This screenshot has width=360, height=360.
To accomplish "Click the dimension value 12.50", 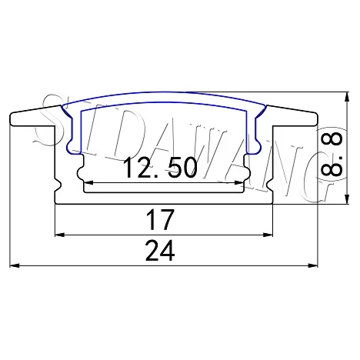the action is coord(161,168).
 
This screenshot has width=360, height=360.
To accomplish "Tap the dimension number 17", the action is coord(160,220).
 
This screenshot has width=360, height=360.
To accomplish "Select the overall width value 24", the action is coord(160,251).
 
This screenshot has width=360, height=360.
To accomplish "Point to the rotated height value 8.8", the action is coord(332,154).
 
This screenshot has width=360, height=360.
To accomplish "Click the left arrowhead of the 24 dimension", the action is coord(15,265).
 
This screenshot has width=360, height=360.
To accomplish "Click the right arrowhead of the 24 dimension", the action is coord(312,265).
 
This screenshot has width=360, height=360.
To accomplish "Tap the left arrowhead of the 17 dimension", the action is coord(60,235).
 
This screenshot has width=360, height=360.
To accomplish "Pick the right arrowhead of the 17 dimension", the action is coord(268,235).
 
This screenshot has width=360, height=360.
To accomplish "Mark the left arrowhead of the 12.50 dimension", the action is coord(88,182).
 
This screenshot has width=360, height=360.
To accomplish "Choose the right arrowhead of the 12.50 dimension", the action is coord(238,182).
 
